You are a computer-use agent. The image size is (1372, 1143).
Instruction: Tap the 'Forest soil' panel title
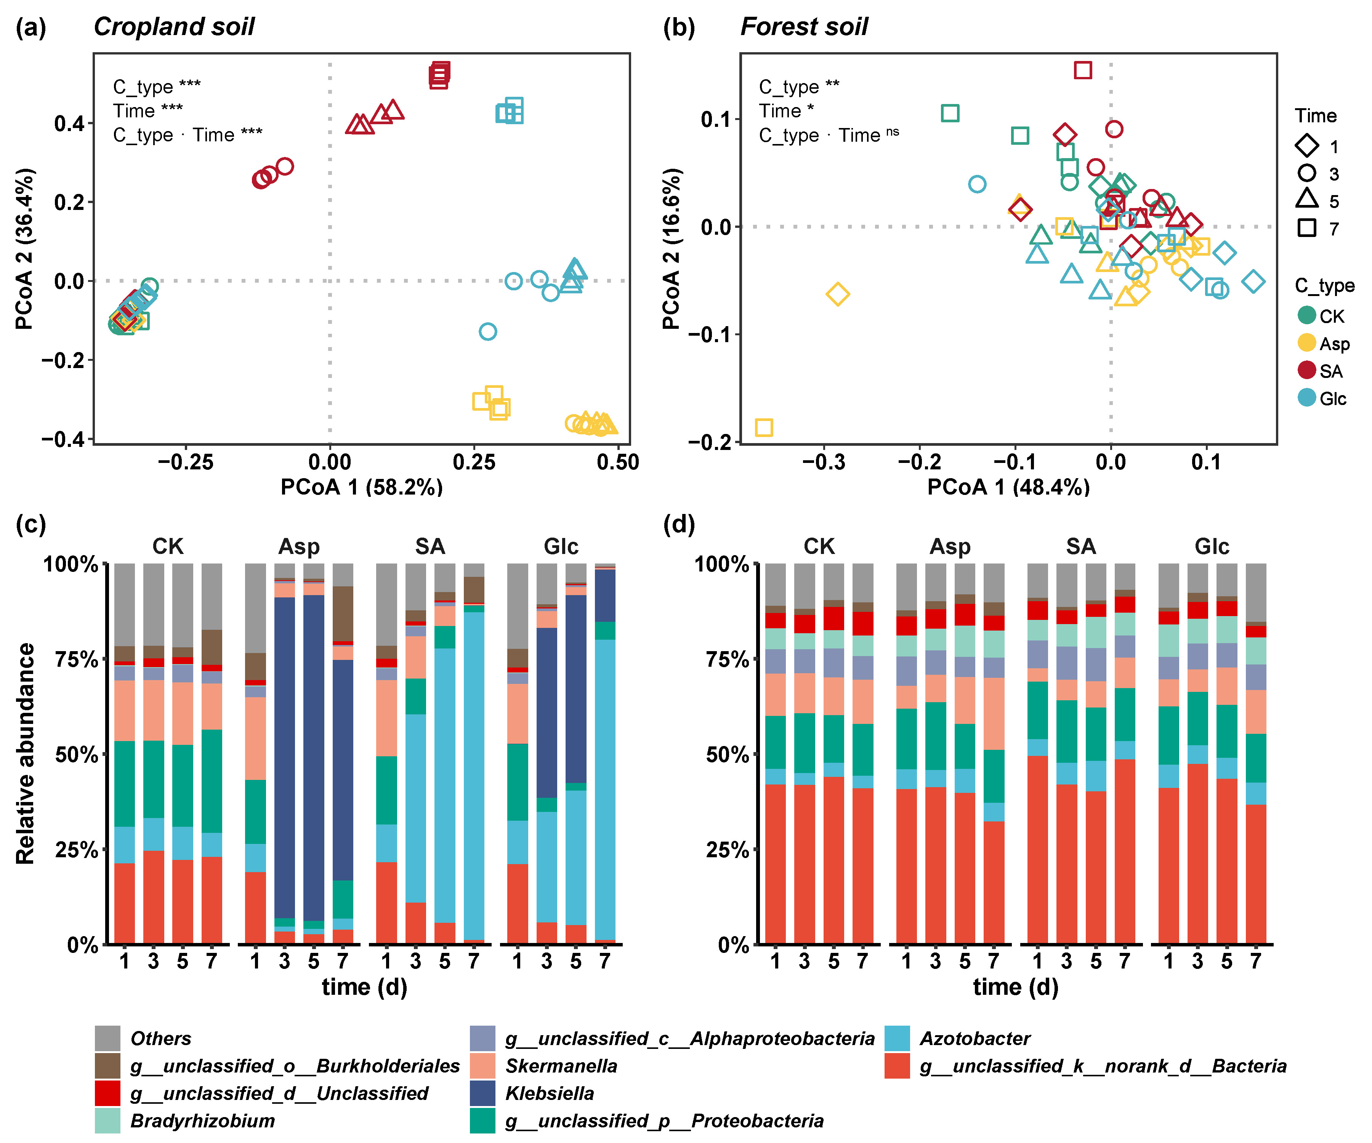click(x=804, y=27)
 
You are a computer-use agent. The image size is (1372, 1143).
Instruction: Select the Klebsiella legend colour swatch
click(x=482, y=1093)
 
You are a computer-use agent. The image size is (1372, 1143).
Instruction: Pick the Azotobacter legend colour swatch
click(x=897, y=1038)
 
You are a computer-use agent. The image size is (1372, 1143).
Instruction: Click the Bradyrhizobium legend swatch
click(x=107, y=1120)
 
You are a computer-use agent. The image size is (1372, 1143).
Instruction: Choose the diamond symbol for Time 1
click(x=1307, y=145)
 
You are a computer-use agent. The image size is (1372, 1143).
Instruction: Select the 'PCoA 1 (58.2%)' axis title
click(x=361, y=487)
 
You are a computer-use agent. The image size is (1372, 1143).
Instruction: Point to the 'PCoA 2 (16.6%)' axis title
click(x=672, y=248)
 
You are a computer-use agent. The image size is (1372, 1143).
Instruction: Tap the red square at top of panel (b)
click(x=1083, y=70)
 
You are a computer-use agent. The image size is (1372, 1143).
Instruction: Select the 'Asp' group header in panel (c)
click(x=299, y=546)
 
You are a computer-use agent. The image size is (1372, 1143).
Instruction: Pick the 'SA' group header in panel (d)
click(x=1080, y=546)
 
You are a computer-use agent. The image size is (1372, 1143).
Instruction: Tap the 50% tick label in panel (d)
click(x=726, y=754)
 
